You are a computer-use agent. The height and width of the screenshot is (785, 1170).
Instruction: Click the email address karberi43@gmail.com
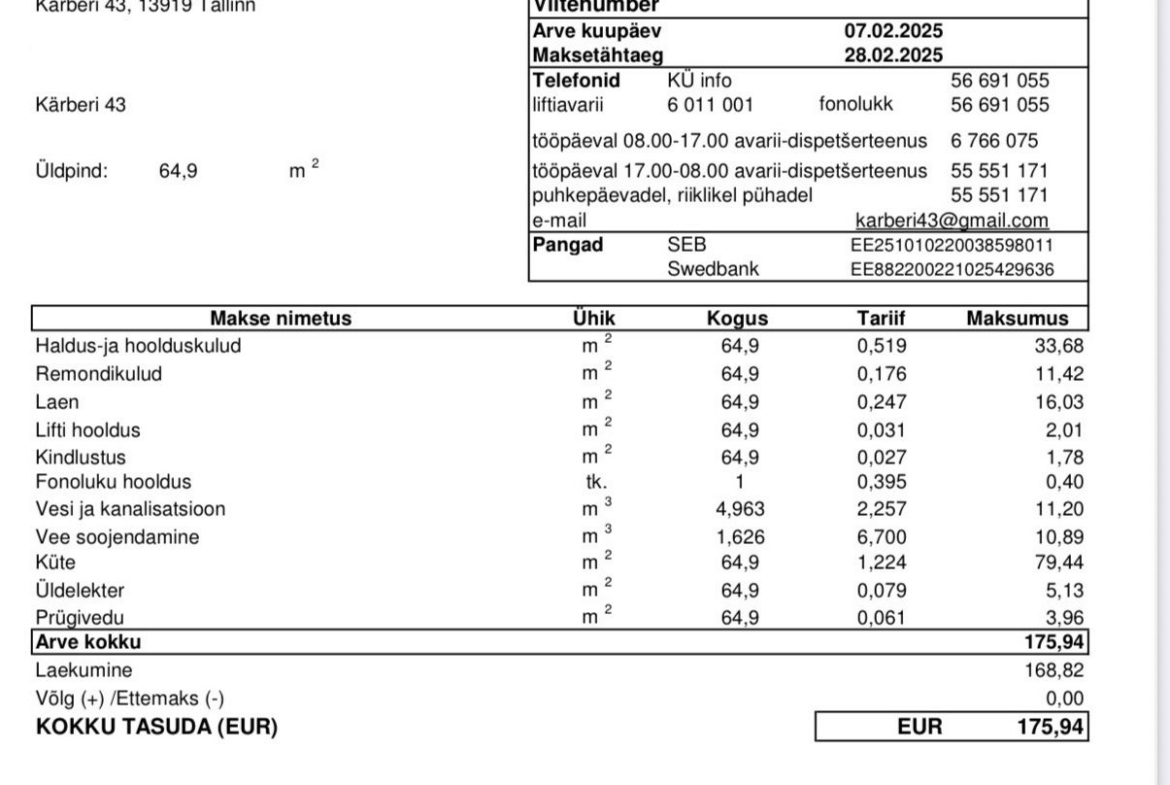[x=952, y=220]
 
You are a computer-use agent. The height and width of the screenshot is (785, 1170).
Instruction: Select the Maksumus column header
[x=1017, y=319]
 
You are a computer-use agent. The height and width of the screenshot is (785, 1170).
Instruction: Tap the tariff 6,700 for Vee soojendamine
[x=880, y=536]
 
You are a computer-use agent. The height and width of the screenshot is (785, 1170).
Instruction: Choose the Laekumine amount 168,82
[x=1057, y=669]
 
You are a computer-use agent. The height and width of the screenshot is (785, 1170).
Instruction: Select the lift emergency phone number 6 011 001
[x=710, y=103]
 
